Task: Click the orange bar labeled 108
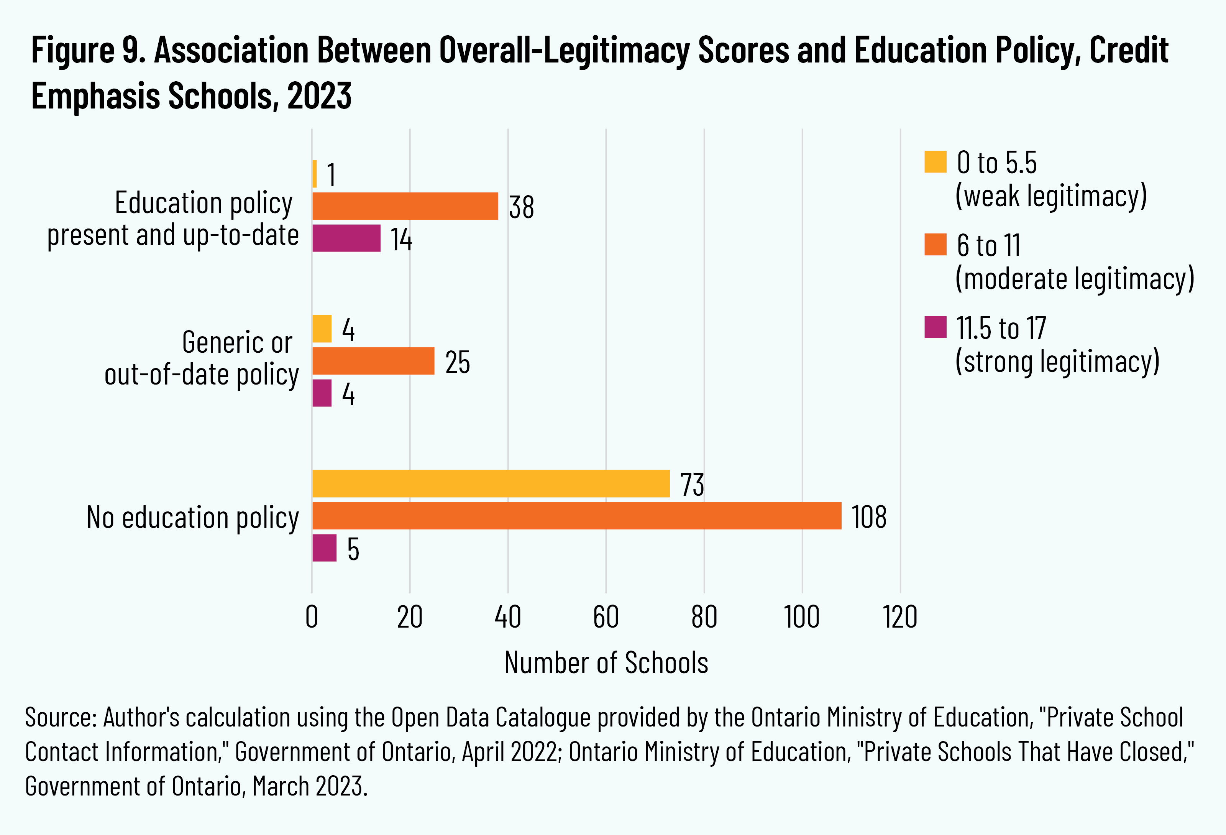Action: [x=577, y=516]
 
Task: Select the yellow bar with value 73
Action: [x=491, y=483]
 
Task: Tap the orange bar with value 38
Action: [x=405, y=206]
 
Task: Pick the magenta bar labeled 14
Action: [x=346, y=238]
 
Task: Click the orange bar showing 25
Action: [x=373, y=361]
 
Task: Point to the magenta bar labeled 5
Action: [x=324, y=548]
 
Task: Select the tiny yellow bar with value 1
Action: [x=314, y=174]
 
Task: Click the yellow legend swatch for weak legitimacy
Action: [x=936, y=162]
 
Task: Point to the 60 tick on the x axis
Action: [x=606, y=617]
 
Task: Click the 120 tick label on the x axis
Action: [x=900, y=617]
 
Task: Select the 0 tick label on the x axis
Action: [x=312, y=617]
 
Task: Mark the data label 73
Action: [x=692, y=485]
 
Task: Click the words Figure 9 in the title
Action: [x=88, y=51]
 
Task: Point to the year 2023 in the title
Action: [x=319, y=96]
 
